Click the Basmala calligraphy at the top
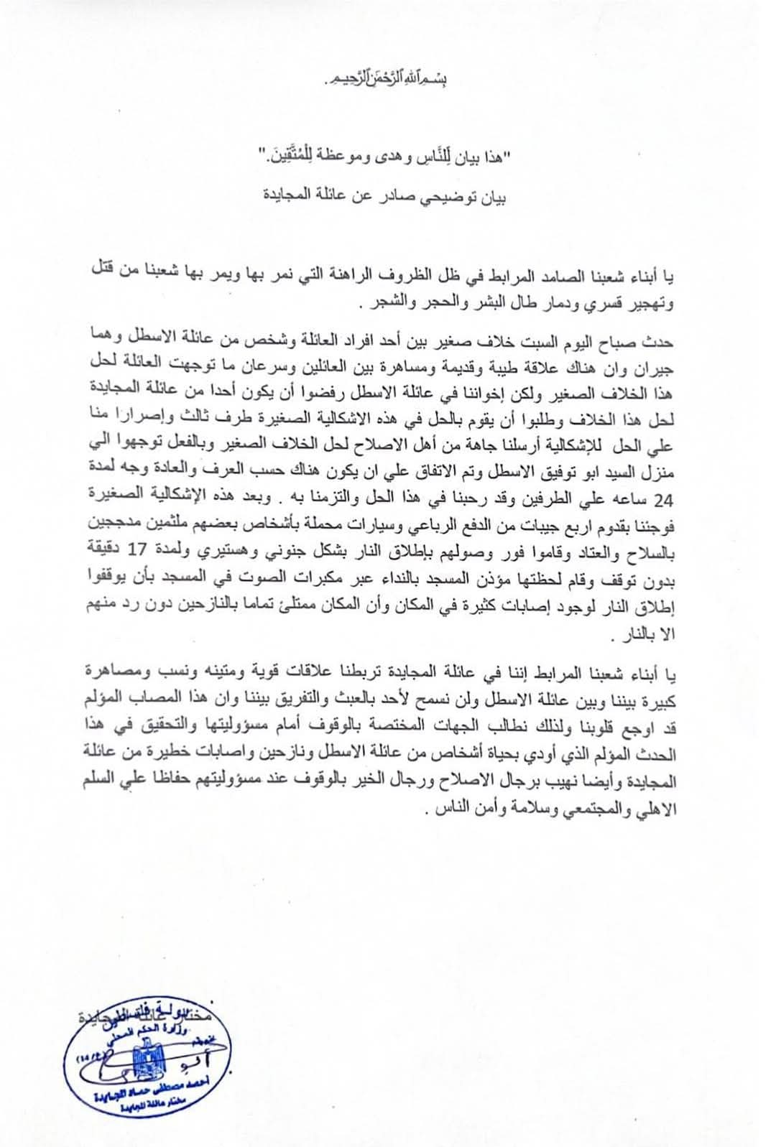(x=387, y=75)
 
